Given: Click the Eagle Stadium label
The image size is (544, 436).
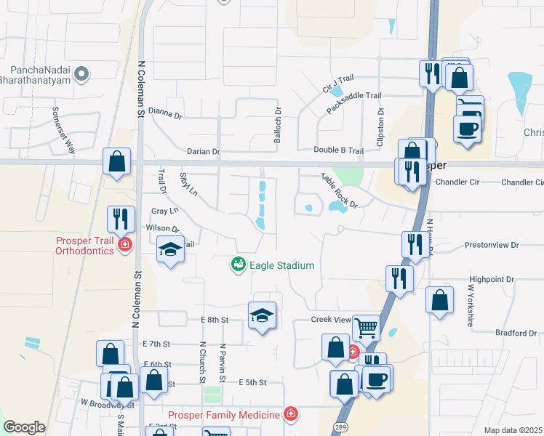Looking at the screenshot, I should pos(282,265).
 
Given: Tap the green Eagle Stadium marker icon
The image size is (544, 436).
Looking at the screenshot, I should pos(238,265).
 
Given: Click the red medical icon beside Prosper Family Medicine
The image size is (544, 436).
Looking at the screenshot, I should pos(291,414).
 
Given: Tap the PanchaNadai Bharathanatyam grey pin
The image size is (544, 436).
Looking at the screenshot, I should pos(82,73).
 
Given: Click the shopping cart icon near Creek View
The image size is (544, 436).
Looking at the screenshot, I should pos(367,327).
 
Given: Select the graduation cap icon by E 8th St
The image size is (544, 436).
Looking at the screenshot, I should pos(263,315).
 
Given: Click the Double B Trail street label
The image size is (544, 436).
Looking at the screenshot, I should pos(338,150).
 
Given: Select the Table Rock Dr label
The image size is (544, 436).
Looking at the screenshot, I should pos(340,190).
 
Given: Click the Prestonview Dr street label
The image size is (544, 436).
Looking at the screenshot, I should pos(491,246).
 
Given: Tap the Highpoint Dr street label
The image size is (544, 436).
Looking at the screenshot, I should pos(492,278).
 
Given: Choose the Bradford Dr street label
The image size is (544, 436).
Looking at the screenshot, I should pos(516,333).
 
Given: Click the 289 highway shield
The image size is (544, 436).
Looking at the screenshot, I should pos(339,427).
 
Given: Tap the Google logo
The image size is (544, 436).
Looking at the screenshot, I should pos(24,427).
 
